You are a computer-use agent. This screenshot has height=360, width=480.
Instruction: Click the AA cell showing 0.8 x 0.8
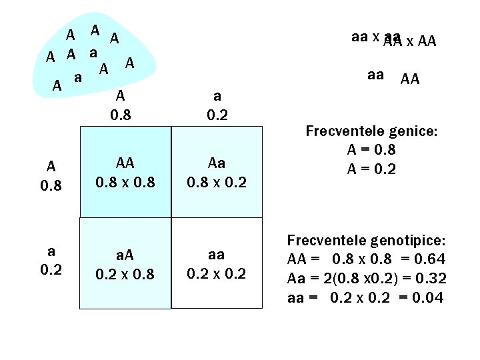(x=125, y=172)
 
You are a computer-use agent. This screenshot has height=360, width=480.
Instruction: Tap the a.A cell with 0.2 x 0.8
(x=125, y=264)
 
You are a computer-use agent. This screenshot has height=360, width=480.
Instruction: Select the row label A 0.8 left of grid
(x=51, y=175)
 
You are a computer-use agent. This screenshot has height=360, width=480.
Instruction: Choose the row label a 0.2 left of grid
(x=51, y=261)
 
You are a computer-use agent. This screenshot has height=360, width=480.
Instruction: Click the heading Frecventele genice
(x=371, y=131)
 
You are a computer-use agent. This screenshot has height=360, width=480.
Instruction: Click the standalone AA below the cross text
(x=410, y=80)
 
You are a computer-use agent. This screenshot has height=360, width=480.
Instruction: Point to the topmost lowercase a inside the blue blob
(x=94, y=51)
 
